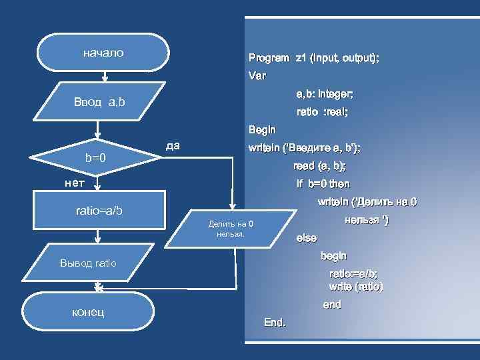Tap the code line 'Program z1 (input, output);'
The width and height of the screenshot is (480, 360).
[313, 59]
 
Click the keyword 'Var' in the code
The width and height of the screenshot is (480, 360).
[257, 76]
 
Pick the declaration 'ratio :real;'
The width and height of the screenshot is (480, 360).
[321, 112]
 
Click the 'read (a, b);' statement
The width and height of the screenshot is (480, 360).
[319, 166]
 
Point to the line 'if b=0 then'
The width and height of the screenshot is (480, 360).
[323, 184]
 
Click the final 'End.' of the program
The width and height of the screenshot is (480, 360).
[275, 323]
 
